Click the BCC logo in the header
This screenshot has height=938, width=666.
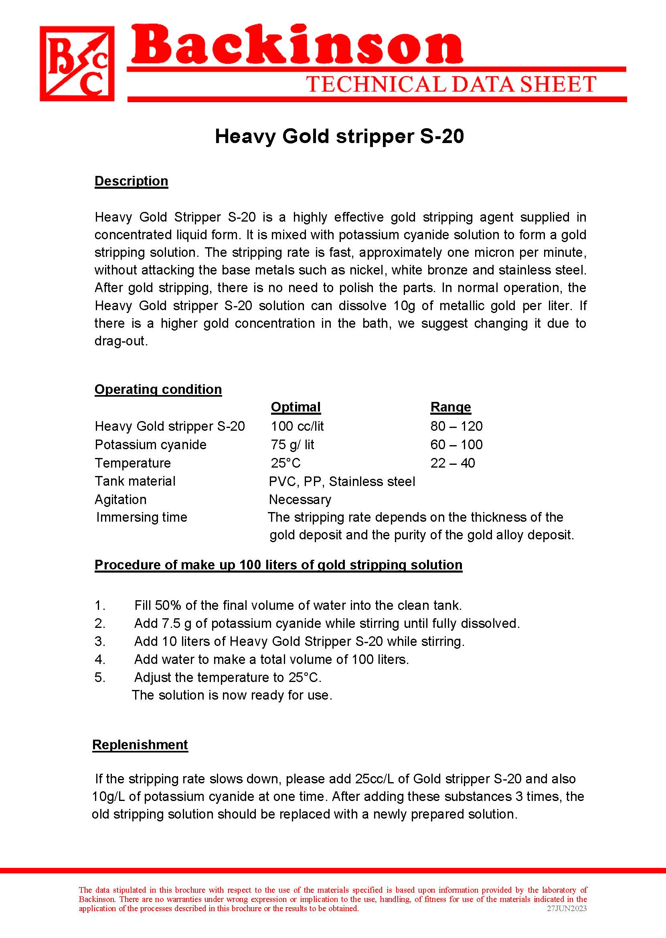[77, 64]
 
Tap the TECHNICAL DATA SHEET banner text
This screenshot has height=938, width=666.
[451, 85]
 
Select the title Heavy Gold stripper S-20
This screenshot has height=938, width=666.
[339, 137]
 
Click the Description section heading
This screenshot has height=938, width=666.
[131, 181]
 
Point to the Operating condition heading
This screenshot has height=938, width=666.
[158, 389]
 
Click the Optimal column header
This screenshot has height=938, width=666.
[295, 407]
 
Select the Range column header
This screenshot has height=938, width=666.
[450, 407]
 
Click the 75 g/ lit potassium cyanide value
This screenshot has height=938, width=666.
[292, 445]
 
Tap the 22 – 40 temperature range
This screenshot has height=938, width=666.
[452, 463]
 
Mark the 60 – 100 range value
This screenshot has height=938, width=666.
[456, 445]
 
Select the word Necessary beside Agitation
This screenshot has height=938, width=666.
[300, 500]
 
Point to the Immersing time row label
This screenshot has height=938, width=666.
[142, 517]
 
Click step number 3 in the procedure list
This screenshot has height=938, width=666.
[100, 641]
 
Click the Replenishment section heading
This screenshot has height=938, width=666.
[140, 744]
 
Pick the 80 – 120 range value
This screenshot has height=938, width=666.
[456, 426]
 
